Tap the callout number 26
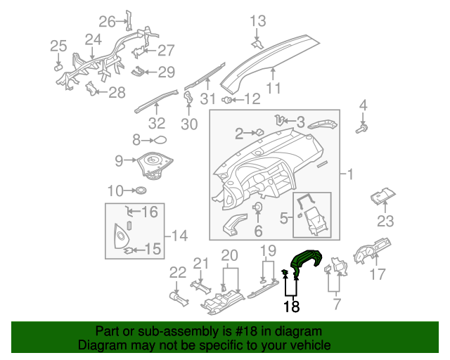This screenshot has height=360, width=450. click(107, 21)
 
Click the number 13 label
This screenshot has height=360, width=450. click(258, 21)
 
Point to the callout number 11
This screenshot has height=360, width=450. click(273, 89)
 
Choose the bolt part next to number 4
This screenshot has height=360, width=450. click(364, 129)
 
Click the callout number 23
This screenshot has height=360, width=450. click(385, 222)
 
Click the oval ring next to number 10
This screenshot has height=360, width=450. click(141, 190)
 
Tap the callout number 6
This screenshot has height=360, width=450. click(258, 231)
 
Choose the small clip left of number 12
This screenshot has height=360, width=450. click(229, 100)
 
